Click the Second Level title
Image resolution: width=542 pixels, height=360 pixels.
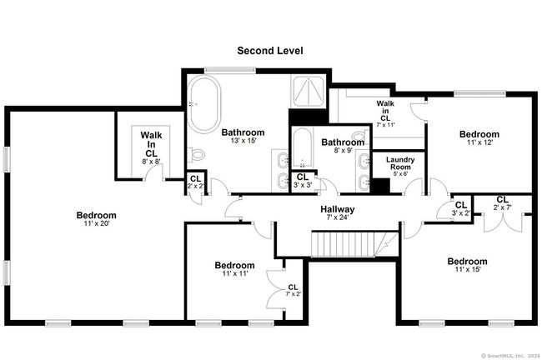coord(270,51)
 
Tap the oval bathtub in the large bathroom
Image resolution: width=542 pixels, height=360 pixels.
coord(204,104)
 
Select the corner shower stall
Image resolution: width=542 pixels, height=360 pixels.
coord(308,91)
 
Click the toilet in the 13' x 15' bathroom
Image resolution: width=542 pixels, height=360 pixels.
coord(196,154)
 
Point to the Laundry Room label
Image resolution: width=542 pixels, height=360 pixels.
coord(400,163)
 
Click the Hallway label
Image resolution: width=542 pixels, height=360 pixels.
coord(338,209)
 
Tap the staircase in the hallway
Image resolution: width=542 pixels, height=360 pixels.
coord(355,244)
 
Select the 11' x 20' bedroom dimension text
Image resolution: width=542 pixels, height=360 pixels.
coord(97,223)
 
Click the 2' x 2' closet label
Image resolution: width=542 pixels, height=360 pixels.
coord(196,182)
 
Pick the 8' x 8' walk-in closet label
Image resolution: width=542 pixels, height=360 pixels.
coord(151,148)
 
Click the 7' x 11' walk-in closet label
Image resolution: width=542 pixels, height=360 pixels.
coord(385,113)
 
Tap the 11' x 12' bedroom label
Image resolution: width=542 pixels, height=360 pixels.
coord(479,137)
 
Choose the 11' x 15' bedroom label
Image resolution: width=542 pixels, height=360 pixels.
coord(467,265)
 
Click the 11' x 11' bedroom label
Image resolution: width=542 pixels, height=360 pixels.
coord(234,269)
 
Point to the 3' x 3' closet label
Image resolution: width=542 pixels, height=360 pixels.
coord(303,181)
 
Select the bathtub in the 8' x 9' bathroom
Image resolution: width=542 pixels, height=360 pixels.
coord(303,147)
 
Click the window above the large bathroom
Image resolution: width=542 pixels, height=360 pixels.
coord(230,71)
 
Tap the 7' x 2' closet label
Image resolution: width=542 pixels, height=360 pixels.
coord(294,290)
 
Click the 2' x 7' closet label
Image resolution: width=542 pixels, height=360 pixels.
coord(502,203)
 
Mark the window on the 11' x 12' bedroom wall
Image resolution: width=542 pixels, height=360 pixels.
coord(479,93)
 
